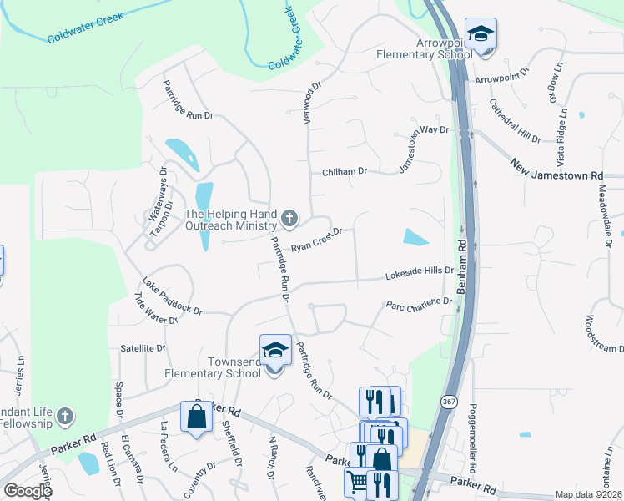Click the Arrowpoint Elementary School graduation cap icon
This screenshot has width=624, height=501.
pos(481,34)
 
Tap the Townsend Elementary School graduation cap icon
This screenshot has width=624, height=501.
pos(276,350)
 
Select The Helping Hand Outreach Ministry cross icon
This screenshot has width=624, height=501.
pos(289,220)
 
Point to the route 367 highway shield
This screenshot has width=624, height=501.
pos(449,401)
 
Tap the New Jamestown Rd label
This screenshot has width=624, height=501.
pos(556,172)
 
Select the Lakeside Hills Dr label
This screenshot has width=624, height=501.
pos(419,273)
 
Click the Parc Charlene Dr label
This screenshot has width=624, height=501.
pos(418,304)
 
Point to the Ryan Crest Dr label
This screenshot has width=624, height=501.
pos(317,240)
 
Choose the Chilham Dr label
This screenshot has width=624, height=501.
pos(345,171)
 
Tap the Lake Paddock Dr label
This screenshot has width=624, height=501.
pos(172,296)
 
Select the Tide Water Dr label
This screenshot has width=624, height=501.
pos(156,308)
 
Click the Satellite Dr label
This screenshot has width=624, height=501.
pos(143,347)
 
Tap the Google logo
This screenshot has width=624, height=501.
pos(28,491)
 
